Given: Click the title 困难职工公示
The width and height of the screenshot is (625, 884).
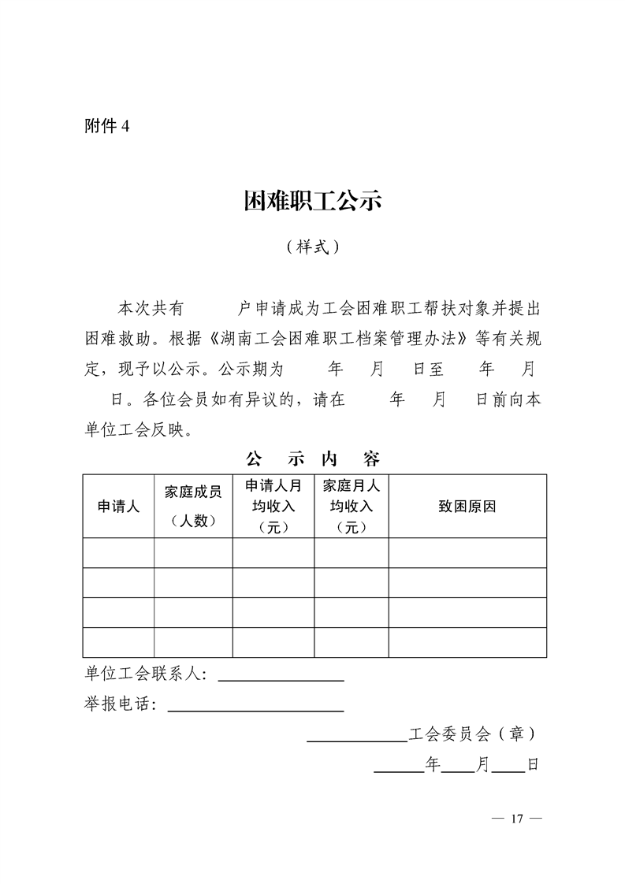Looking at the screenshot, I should [313, 202].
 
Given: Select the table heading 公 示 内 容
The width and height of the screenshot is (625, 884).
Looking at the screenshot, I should [313, 459].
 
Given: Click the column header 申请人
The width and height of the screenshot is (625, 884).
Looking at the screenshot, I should [118, 507].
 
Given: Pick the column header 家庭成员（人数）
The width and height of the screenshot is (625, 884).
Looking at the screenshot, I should [193, 506].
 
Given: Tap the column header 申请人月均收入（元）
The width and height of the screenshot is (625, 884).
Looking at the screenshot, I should [273, 506].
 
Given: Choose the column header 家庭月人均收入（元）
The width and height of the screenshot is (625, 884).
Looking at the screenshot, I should [352, 506].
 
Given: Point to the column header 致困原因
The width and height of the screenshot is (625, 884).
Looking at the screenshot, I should [467, 507].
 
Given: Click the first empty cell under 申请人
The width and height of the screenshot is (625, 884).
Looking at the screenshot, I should [118, 553].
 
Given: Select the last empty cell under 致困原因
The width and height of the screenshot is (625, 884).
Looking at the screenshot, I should [467, 642].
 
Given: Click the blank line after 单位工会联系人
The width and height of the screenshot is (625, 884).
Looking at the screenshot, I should [281, 675].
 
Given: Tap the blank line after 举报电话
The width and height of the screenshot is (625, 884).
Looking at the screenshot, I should [256, 706].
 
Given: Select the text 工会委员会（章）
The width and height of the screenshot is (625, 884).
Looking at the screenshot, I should [474, 734].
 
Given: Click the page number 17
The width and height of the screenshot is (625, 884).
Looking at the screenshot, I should [516, 819].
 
